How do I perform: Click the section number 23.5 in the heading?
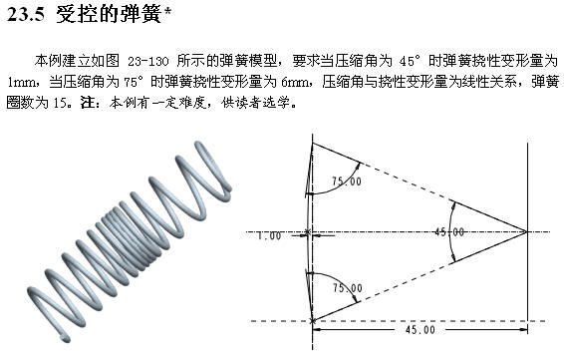pyautogui.click(x=26, y=15)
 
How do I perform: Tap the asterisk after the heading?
pyautogui.click(x=166, y=11)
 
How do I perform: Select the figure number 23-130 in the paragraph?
pyautogui.click(x=147, y=61)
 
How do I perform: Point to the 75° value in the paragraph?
pyautogui.click(x=135, y=82)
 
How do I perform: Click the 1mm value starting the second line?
pyautogui.click(x=22, y=82)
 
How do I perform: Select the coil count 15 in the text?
pyautogui.click(x=60, y=104)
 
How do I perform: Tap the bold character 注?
pyautogui.click(x=87, y=103)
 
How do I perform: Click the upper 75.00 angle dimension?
pyautogui.click(x=347, y=181)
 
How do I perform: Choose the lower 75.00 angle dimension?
pyautogui.click(x=348, y=288)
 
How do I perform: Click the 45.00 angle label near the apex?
pyautogui.click(x=448, y=231)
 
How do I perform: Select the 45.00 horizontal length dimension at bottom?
pyautogui.click(x=420, y=330)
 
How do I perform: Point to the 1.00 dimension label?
pyautogui.click(x=269, y=235)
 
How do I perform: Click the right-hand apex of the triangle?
pyautogui.click(x=527, y=231)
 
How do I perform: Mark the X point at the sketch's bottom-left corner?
pyautogui.click(x=313, y=320)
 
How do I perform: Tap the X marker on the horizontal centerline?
pyautogui.click(x=307, y=232)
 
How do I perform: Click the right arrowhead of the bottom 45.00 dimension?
pyautogui.click(x=524, y=329)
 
